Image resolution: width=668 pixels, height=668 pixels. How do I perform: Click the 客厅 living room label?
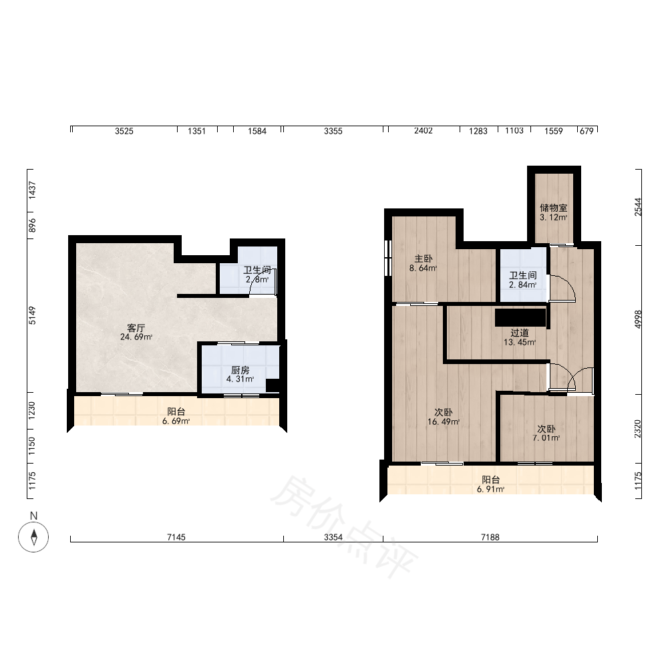(136, 327)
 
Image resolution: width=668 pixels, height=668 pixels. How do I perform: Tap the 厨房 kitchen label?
(240, 370)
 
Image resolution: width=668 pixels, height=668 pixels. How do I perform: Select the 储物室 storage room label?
(553, 208)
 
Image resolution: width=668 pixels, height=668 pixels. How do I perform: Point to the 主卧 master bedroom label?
(424, 259)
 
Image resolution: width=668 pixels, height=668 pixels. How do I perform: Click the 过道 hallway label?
(520, 333)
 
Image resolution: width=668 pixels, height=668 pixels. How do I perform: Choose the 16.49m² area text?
(444, 422)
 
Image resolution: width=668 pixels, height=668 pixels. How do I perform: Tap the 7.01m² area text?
(546, 438)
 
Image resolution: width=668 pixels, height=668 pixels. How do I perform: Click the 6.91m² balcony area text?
(491, 489)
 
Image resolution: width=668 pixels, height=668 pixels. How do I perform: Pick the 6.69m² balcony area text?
(176, 422)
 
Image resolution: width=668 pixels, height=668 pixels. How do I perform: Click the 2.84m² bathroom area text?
(523, 285)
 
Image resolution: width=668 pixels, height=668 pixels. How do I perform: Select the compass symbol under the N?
(33, 537)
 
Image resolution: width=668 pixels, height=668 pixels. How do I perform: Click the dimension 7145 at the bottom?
(176, 537)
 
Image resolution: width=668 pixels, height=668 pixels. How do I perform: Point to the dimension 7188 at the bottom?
(490, 537)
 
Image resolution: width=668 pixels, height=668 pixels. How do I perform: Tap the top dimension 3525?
(124, 131)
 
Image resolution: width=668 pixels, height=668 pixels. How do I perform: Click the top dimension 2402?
(424, 131)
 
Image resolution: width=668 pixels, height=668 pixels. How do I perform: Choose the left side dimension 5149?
(32, 315)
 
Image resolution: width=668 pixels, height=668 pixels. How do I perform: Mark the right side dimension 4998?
(638, 319)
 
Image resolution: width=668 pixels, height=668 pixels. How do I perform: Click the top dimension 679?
(587, 131)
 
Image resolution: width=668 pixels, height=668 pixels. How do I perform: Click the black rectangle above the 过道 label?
(520, 318)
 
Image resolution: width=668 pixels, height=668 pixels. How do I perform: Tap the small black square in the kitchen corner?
(273, 385)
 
